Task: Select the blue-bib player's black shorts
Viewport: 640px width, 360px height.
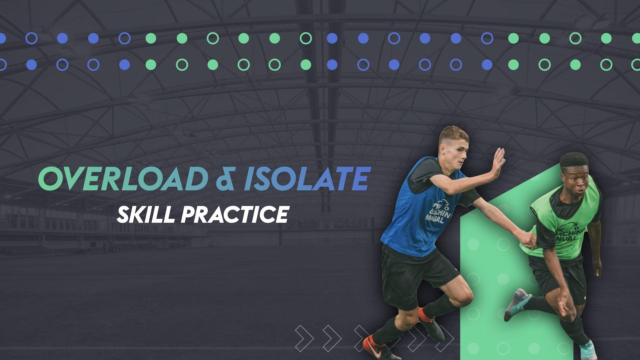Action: pos(413,270)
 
